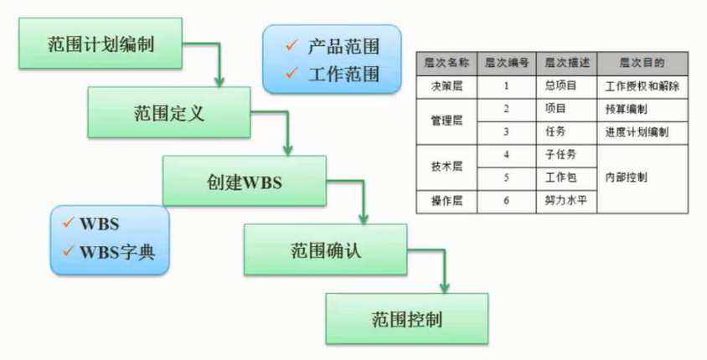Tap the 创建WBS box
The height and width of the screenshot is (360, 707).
(x=244, y=180)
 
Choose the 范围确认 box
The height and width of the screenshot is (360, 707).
(x=326, y=249)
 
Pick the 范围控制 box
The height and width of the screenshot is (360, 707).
(x=406, y=318)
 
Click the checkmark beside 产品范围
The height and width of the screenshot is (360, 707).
(x=289, y=44)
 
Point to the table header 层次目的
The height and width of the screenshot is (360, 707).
(x=642, y=62)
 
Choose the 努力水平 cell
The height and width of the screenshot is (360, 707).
(x=562, y=201)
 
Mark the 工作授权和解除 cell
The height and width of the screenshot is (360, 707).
(x=642, y=85)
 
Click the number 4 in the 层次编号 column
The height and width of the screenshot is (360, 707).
(x=507, y=155)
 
